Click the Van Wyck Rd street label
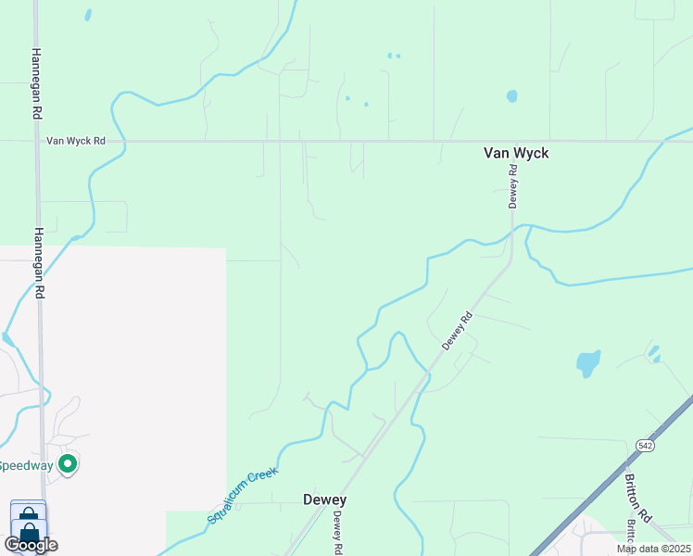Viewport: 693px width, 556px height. (x=76, y=142)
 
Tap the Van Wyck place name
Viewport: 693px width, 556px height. (x=516, y=153)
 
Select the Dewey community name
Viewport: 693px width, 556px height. (x=324, y=499)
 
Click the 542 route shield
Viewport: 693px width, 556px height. (x=646, y=446)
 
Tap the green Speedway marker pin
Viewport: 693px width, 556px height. (x=67, y=463)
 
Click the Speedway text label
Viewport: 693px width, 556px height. (x=25, y=465)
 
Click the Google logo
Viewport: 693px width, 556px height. (x=31, y=545)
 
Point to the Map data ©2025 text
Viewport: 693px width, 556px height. (x=653, y=549)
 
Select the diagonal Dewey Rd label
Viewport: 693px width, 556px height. (x=458, y=330)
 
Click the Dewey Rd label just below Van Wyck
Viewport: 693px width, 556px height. (x=511, y=186)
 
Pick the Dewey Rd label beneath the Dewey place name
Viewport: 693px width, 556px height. (x=339, y=533)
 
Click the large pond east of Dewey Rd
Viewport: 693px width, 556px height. (x=588, y=362)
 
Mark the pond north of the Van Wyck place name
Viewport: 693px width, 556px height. (x=511, y=95)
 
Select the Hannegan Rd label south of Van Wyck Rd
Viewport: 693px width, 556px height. (x=39, y=263)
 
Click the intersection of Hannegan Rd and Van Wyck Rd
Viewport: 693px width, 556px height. (x=36, y=142)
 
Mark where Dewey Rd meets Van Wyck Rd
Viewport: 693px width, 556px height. (x=512, y=142)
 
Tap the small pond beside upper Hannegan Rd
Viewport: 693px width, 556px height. (x=88, y=15)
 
